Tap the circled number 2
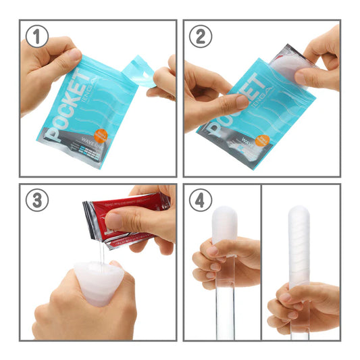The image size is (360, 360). [x=201, y=37]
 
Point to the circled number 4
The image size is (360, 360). [x=201, y=201]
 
